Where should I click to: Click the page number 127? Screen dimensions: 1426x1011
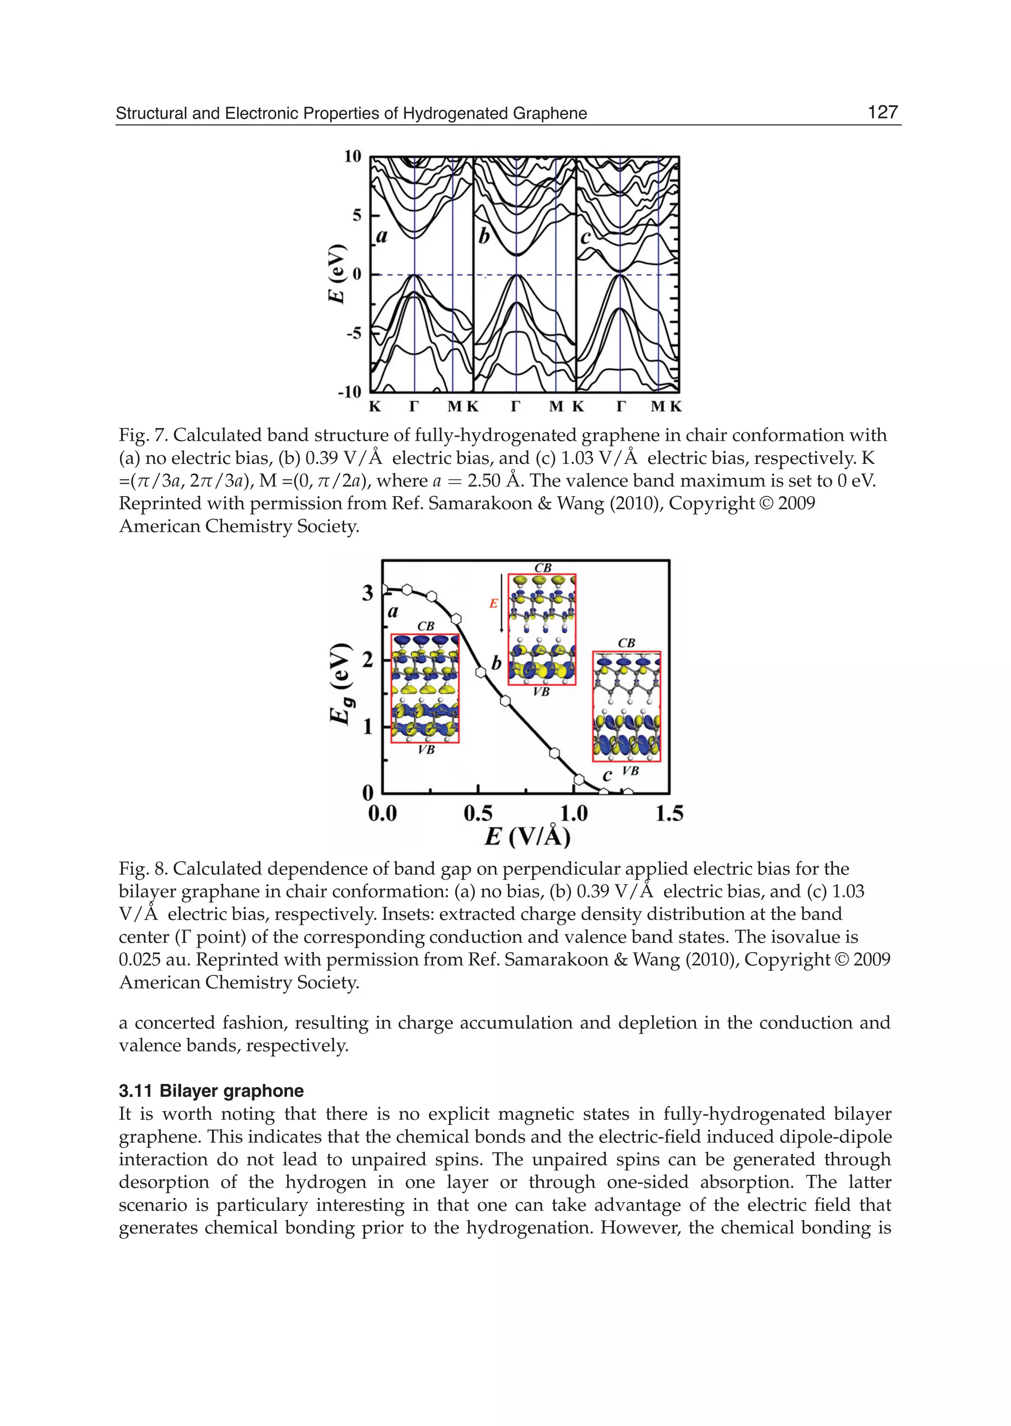coord(882,112)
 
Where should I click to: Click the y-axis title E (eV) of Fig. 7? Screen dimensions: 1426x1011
coord(337,274)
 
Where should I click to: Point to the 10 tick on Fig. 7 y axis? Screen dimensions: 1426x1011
coord(353,156)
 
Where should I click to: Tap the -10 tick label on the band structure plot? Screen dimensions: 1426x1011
coord(349,392)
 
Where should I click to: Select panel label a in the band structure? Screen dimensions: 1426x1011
coord(382,236)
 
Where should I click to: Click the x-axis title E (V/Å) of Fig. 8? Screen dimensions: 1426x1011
coord(527,837)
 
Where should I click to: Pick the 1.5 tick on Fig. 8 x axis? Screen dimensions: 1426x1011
coord(669,813)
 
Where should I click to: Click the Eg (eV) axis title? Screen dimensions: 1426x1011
coord(341,683)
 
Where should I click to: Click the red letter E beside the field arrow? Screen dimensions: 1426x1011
coord(493,603)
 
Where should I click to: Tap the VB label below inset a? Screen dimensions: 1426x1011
coord(427,750)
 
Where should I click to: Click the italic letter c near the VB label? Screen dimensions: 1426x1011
coord(607,775)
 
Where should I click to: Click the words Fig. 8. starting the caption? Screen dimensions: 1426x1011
coord(143,869)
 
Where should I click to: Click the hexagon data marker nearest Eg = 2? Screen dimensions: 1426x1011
coord(481,672)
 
